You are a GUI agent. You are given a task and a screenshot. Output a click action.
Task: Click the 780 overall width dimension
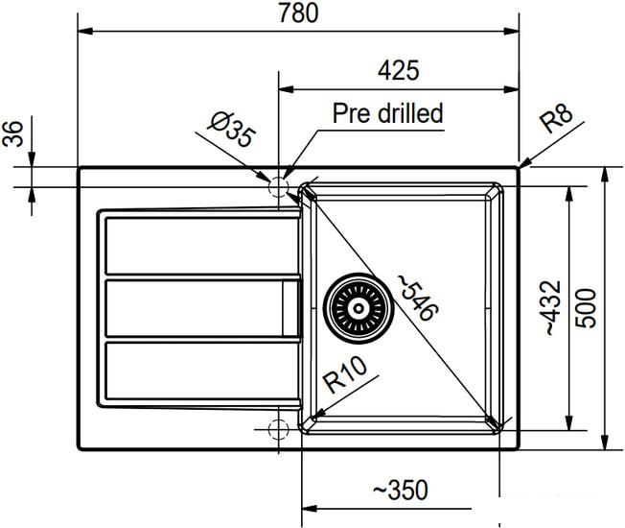(297, 13)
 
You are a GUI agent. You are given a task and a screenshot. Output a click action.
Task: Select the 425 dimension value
(399, 70)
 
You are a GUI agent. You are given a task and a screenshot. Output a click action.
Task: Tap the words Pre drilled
(387, 113)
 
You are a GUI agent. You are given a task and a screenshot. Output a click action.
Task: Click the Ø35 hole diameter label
(231, 130)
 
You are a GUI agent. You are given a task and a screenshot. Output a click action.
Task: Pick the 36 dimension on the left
(14, 136)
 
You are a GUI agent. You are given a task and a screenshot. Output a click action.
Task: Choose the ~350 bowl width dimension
(400, 491)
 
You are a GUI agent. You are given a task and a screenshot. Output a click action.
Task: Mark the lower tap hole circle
(279, 428)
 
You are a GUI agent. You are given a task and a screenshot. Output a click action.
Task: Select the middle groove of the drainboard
(197, 308)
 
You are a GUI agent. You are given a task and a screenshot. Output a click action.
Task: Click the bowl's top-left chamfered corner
(307, 191)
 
